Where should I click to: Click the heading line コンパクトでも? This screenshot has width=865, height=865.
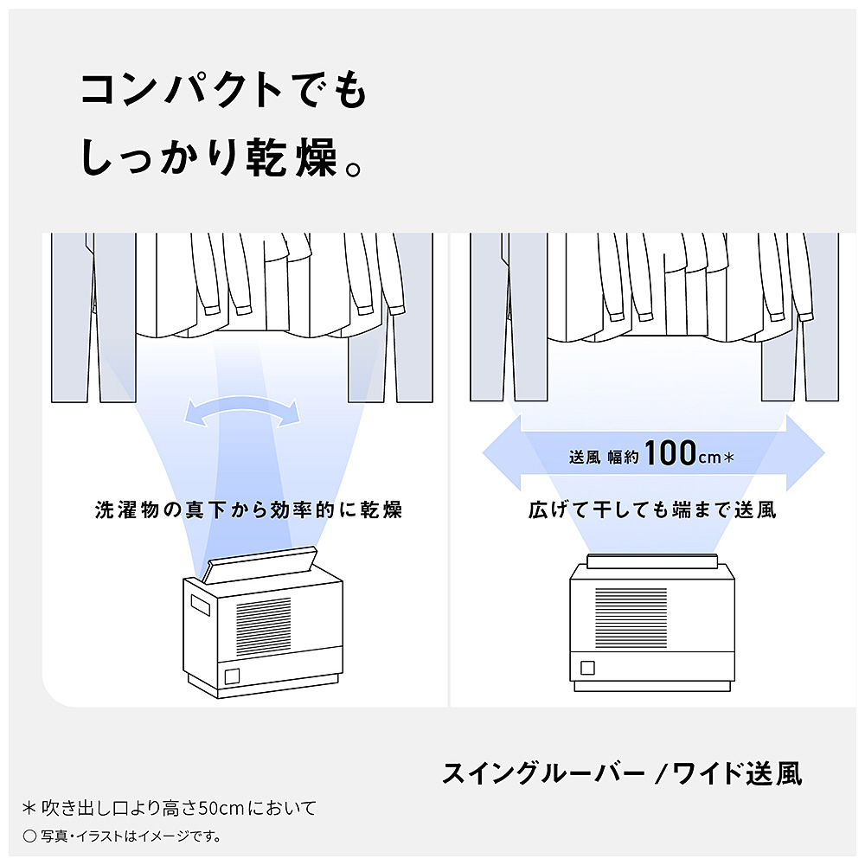click(x=224, y=89)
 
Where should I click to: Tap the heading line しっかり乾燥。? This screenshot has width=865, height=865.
click(x=221, y=157)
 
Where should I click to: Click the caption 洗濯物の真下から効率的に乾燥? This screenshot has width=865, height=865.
click(x=249, y=509)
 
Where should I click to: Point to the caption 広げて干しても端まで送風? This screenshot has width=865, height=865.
click(x=652, y=509)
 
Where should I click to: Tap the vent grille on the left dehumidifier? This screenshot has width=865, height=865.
click(x=264, y=625)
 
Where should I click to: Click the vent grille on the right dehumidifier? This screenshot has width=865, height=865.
click(x=631, y=618)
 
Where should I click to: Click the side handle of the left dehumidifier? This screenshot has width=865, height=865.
click(x=201, y=605)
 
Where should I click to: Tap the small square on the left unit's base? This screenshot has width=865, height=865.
click(x=232, y=676)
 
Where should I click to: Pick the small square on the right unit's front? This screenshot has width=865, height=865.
click(x=588, y=668)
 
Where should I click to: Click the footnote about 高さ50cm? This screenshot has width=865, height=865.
click(x=170, y=808)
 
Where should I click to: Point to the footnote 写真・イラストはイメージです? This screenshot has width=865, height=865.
click(x=123, y=836)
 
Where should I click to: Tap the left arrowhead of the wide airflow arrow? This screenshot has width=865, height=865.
click(x=502, y=453)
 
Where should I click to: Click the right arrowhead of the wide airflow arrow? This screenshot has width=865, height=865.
click(x=805, y=453)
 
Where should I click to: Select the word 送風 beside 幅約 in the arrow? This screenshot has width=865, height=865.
click(x=585, y=458)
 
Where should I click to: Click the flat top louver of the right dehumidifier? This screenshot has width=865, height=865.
click(x=652, y=561)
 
